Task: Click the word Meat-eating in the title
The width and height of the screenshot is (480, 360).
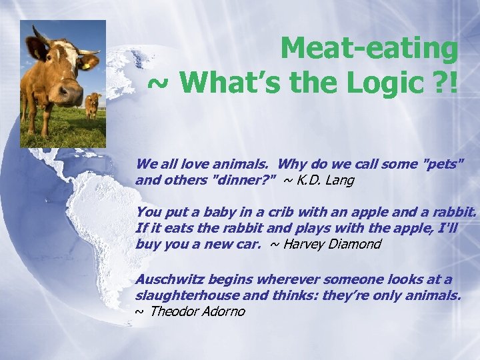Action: click(369, 48)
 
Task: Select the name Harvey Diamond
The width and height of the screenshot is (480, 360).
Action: click(332, 244)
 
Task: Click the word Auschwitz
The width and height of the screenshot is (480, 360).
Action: click(165, 279)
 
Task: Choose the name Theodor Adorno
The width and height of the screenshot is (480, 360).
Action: click(198, 311)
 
